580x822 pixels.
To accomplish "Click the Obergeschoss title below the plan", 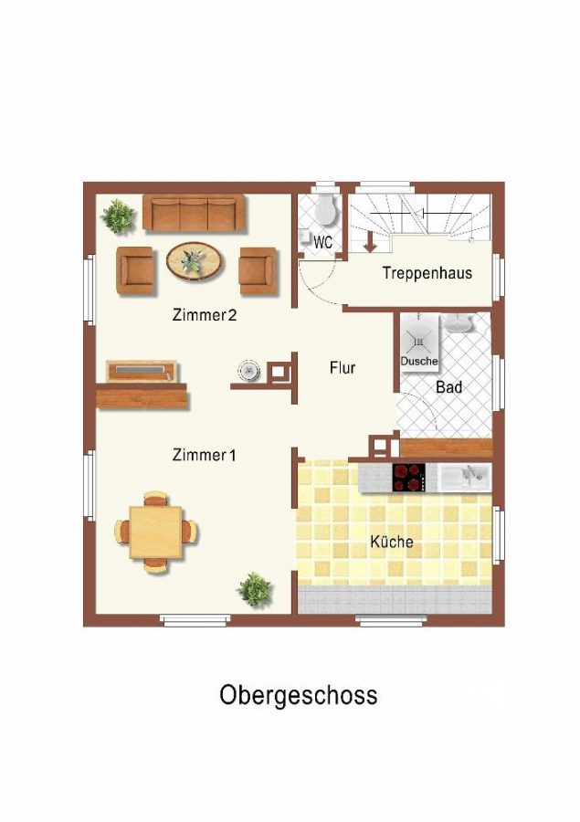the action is point(299,696).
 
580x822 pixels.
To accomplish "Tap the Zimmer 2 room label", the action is point(205,315).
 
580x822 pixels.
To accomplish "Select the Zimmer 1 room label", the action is point(204,455).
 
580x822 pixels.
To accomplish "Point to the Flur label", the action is point(343,367).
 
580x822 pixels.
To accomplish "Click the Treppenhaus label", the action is point(427,273).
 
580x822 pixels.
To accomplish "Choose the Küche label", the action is point(392,541).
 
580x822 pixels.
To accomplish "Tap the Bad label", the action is point(448,387).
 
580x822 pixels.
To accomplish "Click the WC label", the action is point(323,243).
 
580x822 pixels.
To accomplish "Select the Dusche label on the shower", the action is point(419,361).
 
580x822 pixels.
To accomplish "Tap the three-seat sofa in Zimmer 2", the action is point(194,212).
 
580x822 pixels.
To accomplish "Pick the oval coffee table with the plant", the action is point(195,260).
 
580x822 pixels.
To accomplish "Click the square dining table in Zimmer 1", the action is point(156,532).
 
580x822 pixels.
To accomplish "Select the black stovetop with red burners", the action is point(409,478).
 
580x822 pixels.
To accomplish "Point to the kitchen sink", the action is point(465,478).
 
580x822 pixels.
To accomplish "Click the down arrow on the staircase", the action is point(370,243).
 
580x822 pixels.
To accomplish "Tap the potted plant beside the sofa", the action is point(119,216).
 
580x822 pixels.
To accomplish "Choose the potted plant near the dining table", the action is point(255,590).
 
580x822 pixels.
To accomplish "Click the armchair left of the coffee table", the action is point(135,270).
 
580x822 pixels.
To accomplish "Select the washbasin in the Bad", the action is point(458,323).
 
